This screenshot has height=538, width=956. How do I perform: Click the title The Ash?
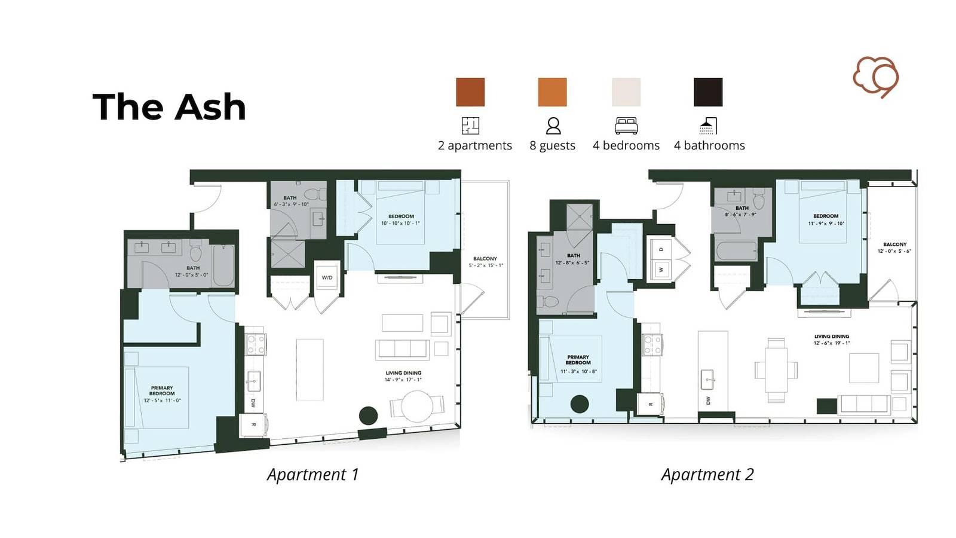(169, 107)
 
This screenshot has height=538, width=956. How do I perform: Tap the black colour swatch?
(708, 92)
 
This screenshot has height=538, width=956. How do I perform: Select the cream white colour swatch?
(626, 92)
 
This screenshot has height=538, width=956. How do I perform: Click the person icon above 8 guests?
(553, 126)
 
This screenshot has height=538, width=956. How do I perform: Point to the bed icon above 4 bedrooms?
(626, 126)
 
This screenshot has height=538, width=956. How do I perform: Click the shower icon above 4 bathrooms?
(708, 126)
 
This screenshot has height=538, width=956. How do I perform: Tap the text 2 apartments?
(475, 145)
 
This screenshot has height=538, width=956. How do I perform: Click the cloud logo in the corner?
(875, 77)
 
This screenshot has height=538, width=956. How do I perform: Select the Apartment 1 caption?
(312, 475)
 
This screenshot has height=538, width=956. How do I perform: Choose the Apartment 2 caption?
(707, 475)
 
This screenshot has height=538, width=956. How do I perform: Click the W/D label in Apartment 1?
(327, 277)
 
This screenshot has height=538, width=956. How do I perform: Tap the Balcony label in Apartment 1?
(485, 259)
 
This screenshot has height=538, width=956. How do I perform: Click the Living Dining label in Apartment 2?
(831, 337)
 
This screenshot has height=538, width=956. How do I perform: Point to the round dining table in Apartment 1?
(416, 406)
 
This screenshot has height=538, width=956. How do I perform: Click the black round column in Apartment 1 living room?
(368, 415)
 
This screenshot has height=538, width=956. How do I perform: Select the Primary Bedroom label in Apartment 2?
(578, 360)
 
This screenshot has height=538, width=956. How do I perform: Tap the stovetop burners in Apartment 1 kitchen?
(256, 344)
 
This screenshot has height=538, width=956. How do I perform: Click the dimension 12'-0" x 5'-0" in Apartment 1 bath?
(191, 275)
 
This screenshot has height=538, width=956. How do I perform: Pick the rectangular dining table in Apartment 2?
(776, 370)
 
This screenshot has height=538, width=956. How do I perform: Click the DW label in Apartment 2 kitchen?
(709, 400)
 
